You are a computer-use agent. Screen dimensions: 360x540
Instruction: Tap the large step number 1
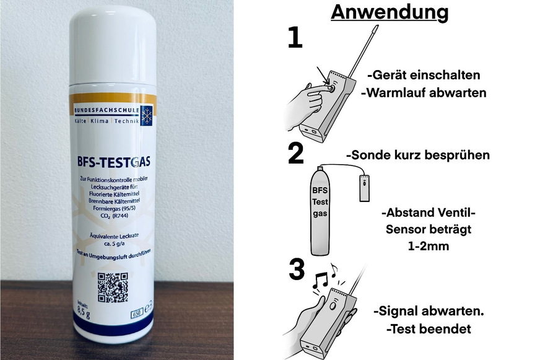click(295, 38)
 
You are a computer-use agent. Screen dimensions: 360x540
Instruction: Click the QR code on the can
click(113, 286)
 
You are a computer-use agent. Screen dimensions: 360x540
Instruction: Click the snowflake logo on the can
click(146, 115)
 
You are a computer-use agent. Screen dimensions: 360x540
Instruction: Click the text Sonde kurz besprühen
click(417, 155)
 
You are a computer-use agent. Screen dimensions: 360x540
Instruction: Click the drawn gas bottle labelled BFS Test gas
click(320, 208)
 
